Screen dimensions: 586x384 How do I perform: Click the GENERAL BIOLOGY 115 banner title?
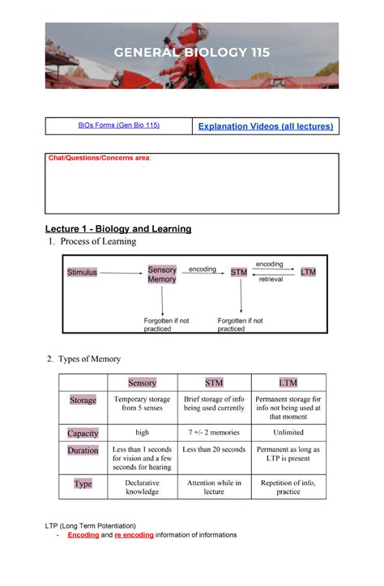(x=192, y=53)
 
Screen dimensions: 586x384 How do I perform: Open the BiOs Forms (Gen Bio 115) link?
(x=118, y=125)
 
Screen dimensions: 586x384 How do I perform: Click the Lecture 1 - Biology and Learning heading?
(x=118, y=229)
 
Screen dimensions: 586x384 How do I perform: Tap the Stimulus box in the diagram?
(x=82, y=272)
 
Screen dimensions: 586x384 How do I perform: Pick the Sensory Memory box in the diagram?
(x=162, y=274)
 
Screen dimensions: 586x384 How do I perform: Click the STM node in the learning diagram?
(x=239, y=273)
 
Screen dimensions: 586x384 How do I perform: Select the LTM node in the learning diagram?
(x=308, y=272)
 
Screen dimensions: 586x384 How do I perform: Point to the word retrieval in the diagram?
(x=271, y=279)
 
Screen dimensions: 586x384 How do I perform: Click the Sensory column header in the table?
(x=142, y=382)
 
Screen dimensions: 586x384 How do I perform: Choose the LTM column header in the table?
(x=288, y=382)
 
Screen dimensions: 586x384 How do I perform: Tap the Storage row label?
(x=83, y=400)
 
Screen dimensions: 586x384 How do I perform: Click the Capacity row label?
(x=83, y=433)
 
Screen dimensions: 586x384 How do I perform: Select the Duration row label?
(x=83, y=450)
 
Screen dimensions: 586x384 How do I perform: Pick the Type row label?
(x=83, y=484)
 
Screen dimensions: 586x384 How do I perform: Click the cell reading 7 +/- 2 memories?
(x=214, y=433)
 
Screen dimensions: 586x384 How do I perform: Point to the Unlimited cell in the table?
(x=288, y=433)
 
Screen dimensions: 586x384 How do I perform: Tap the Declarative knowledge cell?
(x=142, y=487)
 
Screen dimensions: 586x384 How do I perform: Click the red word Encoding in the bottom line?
(x=83, y=535)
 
